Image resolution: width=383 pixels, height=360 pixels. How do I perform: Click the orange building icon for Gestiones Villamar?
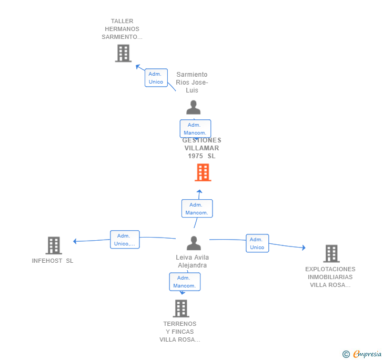(203, 172)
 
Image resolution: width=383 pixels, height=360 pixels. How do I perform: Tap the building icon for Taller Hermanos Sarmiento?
(123, 53)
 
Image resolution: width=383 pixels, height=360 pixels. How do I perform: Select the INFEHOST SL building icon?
(53, 245)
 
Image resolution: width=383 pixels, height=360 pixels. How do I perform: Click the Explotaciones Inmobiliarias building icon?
(331, 253)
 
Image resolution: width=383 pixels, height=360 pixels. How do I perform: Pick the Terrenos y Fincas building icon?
(180, 308)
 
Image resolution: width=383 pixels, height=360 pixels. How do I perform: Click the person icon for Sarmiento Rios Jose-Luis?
(194, 108)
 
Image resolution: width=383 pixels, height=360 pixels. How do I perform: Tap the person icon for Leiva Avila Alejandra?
(194, 243)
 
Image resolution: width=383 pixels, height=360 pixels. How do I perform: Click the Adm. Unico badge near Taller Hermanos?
(156, 78)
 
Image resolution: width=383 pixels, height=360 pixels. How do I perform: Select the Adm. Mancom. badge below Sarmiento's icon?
(195, 129)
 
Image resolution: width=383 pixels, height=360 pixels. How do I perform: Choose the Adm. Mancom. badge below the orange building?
(197, 209)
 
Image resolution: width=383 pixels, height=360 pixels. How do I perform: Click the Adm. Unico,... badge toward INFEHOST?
(125, 240)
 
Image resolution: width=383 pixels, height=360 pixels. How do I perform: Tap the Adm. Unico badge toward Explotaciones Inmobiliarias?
(257, 243)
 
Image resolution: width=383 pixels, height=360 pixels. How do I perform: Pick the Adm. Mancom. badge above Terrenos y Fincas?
(184, 282)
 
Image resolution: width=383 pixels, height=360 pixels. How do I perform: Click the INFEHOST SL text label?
(53, 261)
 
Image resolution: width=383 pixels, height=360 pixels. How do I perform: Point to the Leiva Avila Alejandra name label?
(193, 261)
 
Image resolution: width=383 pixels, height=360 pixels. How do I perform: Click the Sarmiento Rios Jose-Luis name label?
(192, 83)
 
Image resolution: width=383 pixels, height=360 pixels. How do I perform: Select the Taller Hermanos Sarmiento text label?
(122, 29)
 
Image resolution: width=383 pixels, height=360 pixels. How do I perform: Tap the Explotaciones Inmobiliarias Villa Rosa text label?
(330, 277)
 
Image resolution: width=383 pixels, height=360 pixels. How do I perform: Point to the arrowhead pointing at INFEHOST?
(75, 241)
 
